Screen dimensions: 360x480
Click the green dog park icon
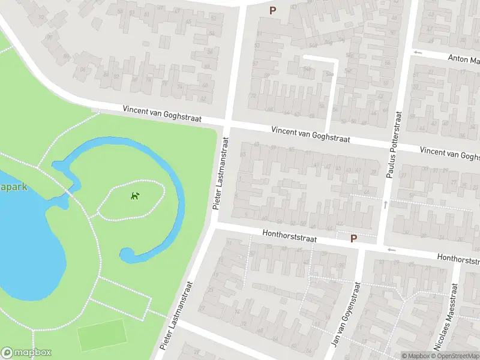(x=136, y=196)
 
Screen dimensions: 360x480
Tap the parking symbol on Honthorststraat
(x=353, y=238)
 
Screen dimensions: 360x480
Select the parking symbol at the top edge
(x=273, y=10)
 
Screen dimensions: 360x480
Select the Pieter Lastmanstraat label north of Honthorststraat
(x=221, y=173)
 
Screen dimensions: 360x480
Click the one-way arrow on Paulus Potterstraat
(x=385, y=205)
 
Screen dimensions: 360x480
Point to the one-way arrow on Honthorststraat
(x=392, y=250)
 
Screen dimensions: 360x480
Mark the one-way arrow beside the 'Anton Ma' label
(x=418, y=53)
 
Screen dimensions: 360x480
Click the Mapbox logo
(x=26, y=353)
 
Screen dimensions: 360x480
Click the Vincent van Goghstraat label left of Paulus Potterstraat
(x=310, y=134)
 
